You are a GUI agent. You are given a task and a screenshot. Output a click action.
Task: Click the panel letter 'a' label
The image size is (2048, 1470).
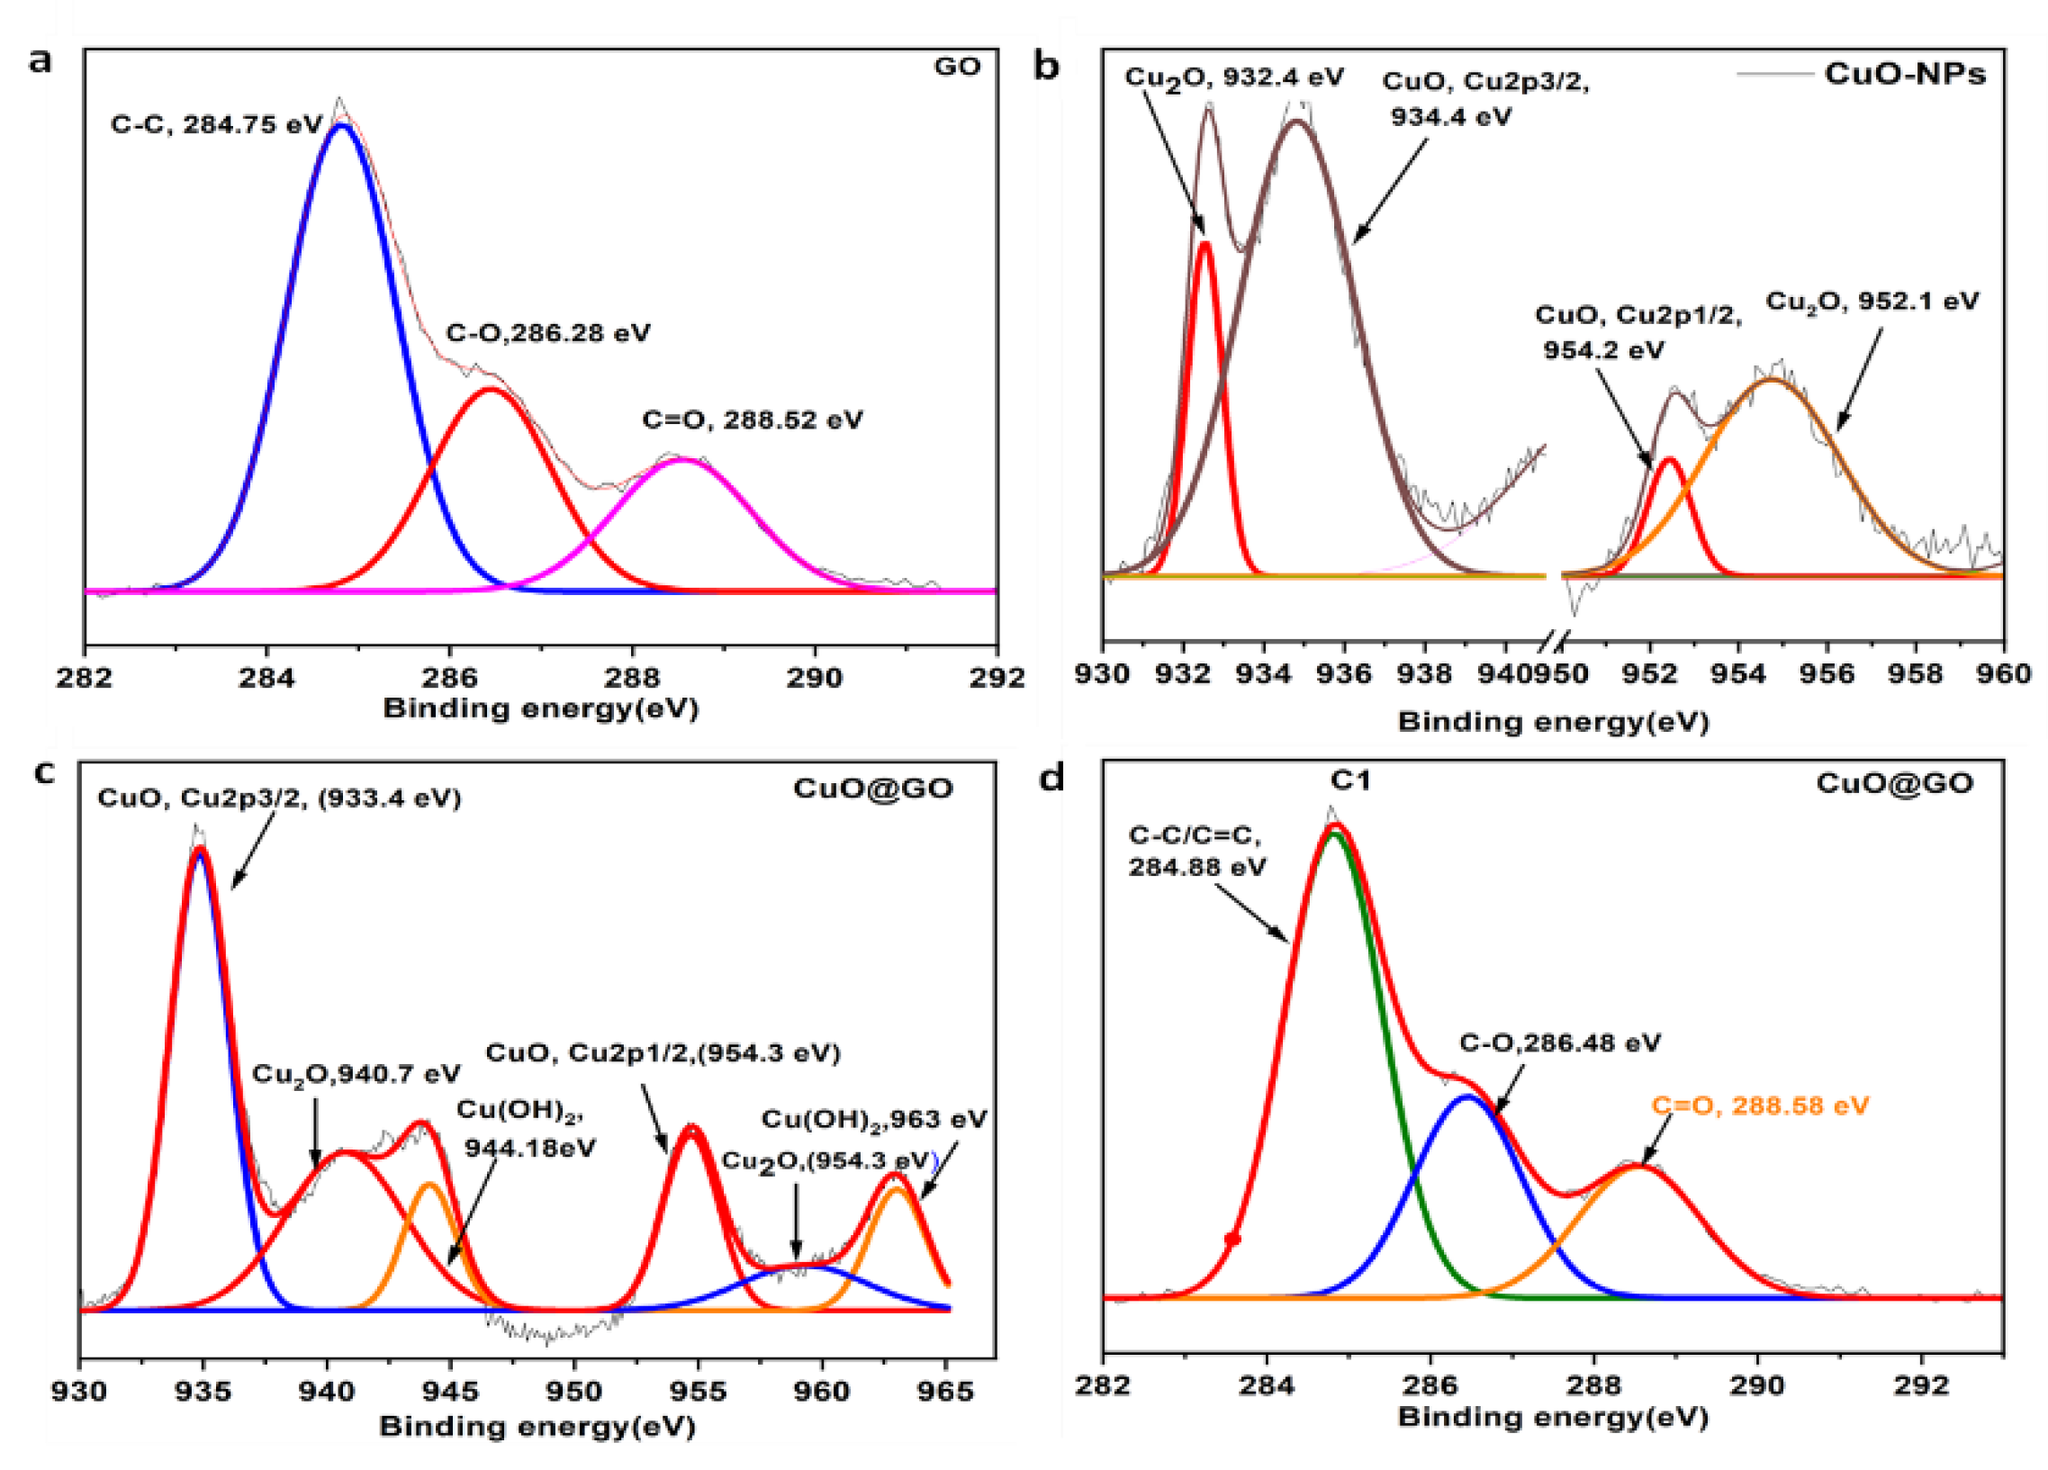pyautogui.click(x=40, y=61)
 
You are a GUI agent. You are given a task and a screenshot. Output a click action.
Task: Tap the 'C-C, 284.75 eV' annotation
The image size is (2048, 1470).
pyautogui.click(x=216, y=124)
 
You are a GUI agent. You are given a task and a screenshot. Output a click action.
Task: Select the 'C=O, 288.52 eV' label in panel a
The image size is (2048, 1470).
pyautogui.click(x=752, y=419)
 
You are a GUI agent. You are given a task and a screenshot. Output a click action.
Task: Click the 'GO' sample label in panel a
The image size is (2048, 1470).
pyautogui.click(x=957, y=67)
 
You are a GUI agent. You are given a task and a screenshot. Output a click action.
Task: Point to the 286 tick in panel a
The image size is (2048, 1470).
pyautogui.click(x=450, y=676)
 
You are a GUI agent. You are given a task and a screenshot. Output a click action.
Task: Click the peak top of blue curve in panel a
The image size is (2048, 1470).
pyautogui.click(x=341, y=125)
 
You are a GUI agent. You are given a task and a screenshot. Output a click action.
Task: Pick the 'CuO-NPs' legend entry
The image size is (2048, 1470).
pyautogui.click(x=1906, y=73)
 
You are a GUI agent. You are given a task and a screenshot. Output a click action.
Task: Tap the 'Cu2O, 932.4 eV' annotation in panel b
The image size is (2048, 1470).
pyautogui.click(x=1233, y=77)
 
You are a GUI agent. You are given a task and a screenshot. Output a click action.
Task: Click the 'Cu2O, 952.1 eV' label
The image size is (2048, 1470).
pyautogui.click(x=1871, y=301)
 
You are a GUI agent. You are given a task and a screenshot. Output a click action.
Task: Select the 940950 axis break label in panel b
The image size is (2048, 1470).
pyautogui.click(x=1546, y=673)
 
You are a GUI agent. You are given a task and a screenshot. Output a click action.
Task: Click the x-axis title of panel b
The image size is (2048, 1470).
pyautogui.click(x=1553, y=721)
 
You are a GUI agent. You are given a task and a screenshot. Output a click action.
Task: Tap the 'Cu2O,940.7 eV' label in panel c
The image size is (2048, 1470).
pyautogui.click(x=356, y=1074)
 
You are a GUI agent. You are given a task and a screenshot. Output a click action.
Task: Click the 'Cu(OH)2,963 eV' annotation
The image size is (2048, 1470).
pyautogui.click(x=874, y=1119)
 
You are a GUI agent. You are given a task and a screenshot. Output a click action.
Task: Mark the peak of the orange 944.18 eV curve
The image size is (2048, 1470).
pyautogui.click(x=429, y=1184)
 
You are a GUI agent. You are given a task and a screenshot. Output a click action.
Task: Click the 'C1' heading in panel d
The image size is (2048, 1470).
pyautogui.click(x=1350, y=780)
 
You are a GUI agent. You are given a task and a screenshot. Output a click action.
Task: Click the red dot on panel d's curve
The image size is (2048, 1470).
pyautogui.click(x=1232, y=1240)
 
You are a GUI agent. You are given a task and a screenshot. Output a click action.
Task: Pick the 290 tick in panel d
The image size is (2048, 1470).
pyautogui.click(x=1757, y=1384)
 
